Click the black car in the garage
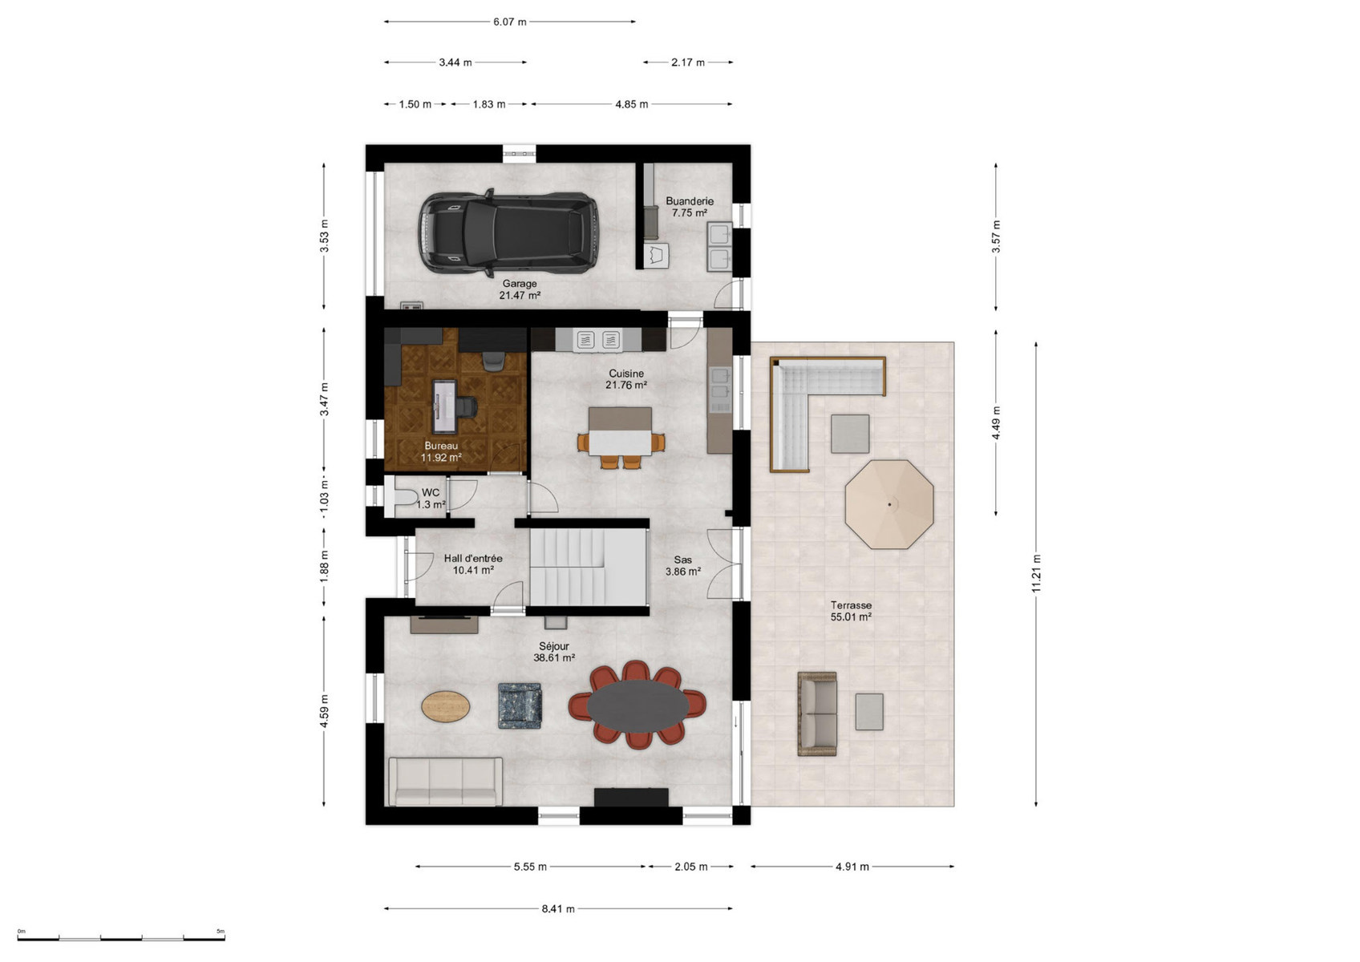tap(508, 232)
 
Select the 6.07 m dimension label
tap(509, 22)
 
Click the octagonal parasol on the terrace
tap(888, 504)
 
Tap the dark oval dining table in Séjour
tap(637, 705)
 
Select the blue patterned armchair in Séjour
tap(520, 705)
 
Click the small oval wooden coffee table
tap(446, 706)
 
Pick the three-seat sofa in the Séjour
tap(446, 781)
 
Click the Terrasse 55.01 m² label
tap(852, 611)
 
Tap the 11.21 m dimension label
tap(1036, 573)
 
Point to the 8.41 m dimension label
tap(558, 908)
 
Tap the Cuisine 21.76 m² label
tap(626, 379)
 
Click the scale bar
tap(121, 939)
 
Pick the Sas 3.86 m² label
tap(683, 566)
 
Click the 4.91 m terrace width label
tap(852, 867)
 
